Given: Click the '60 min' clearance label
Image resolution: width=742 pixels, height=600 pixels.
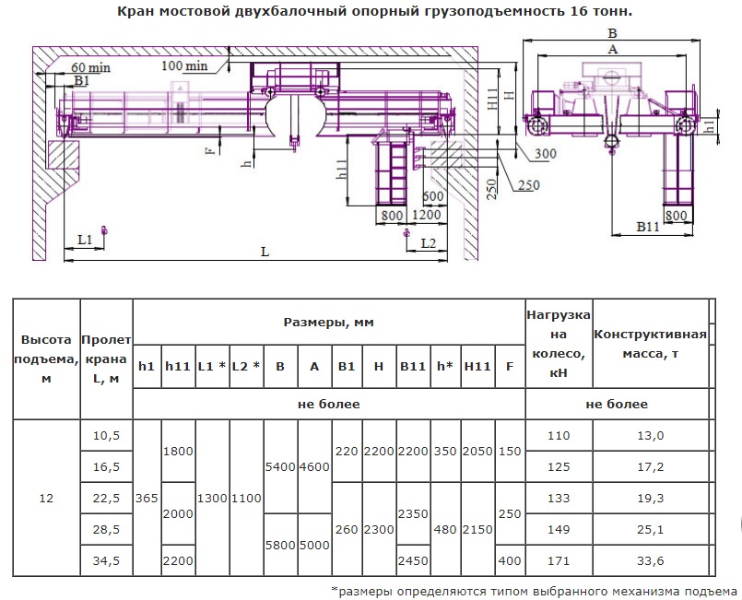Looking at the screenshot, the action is pos(91,67).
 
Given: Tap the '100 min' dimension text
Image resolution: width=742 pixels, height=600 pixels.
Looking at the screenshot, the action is pos(184,65).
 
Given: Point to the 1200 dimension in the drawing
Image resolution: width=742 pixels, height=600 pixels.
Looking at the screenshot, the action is pos(427,215).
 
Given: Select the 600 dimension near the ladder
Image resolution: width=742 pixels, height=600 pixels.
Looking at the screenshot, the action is pos(433,196).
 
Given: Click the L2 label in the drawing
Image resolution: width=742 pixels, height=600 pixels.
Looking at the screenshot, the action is pos(429,243).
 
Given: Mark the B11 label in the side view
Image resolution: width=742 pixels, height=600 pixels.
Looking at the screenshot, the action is pos(648,227).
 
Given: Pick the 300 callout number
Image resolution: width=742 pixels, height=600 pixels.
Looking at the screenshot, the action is pos(546,154).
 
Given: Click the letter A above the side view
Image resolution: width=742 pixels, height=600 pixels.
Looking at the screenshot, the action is pos(612,49).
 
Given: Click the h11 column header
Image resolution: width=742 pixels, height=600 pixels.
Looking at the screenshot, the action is pos(178,366).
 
